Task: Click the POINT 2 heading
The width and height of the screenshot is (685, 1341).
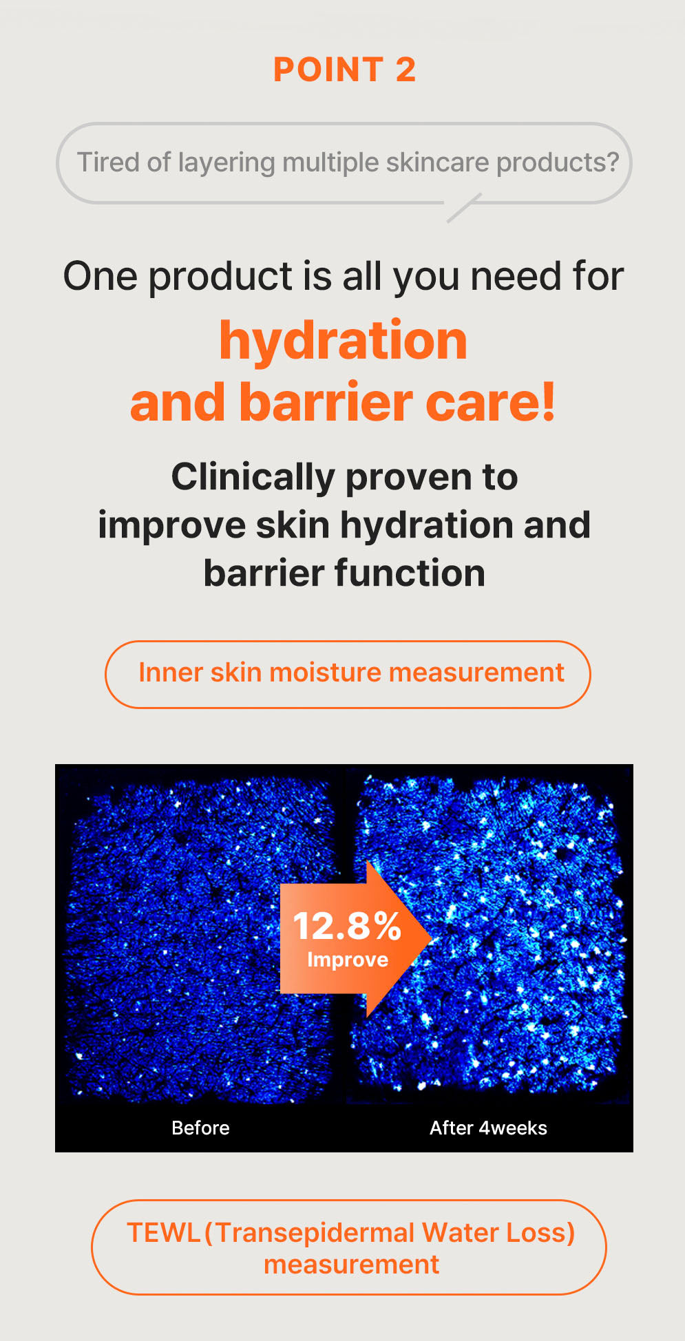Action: point(344,70)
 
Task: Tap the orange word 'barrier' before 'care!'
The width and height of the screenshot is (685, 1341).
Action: point(326,403)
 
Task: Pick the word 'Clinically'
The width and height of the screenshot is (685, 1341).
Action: point(253,477)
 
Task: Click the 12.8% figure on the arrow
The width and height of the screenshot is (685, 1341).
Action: point(347,926)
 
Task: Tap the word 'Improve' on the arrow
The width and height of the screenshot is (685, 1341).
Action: point(348,960)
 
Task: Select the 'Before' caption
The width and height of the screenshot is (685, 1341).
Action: point(200,1128)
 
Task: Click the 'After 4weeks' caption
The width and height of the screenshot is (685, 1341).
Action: point(488,1128)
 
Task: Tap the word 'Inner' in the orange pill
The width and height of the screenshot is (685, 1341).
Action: point(170,673)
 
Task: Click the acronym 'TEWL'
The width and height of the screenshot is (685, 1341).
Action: point(164,1233)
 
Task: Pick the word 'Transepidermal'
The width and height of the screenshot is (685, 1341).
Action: point(315,1233)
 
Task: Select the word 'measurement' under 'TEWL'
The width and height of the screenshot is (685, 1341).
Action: point(351,1265)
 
